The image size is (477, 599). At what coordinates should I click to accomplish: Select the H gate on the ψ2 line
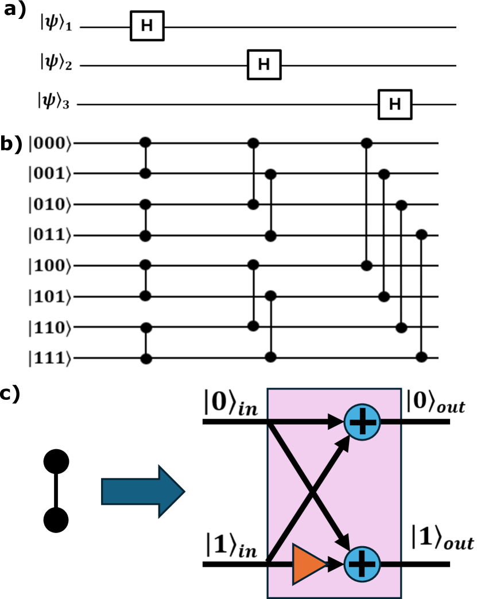[x=263, y=64]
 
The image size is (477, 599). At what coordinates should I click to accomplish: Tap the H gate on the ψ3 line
[x=394, y=104]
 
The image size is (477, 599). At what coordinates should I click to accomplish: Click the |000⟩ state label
[x=51, y=143]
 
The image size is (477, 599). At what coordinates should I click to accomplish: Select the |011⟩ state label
[x=51, y=235]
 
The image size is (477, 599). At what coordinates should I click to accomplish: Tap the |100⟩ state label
[x=51, y=266]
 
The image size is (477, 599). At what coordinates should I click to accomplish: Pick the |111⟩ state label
[x=51, y=359]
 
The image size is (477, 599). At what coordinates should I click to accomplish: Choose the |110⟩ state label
[x=51, y=328]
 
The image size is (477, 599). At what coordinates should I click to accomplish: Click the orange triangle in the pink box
[x=308, y=564]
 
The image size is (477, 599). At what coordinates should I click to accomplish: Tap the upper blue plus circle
[x=362, y=423]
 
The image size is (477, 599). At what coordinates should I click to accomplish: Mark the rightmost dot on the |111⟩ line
[x=422, y=357]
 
